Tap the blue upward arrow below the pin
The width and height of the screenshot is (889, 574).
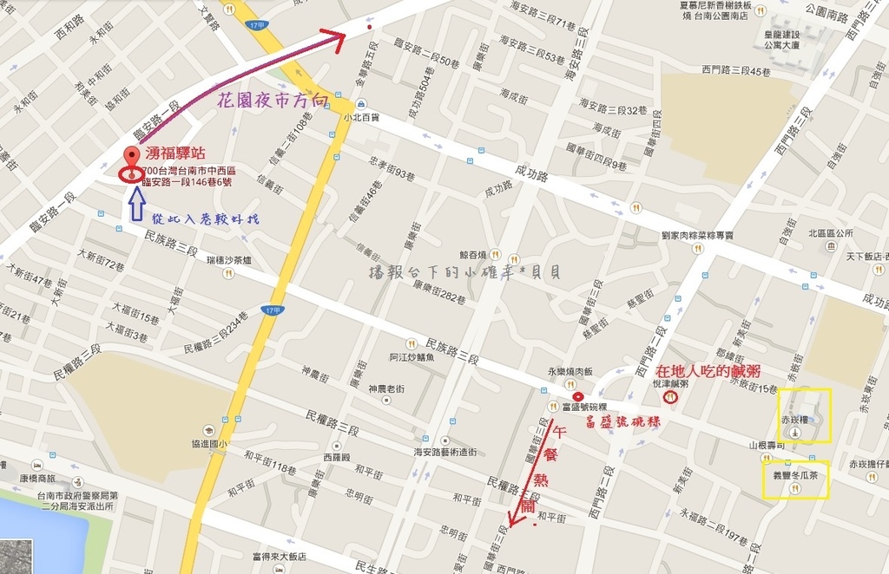pyautogui.click(x=136, y=205)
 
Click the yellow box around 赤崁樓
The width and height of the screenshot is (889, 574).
pyautogui.click(x=804, y=415)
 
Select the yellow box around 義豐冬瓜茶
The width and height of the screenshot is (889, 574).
pyautogui.click(x=796, y=479)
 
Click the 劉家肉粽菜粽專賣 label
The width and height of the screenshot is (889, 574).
pyautogui.click(x=697, y=235)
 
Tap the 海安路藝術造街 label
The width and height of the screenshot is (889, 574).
pyautogui.click(x=445, y=452)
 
